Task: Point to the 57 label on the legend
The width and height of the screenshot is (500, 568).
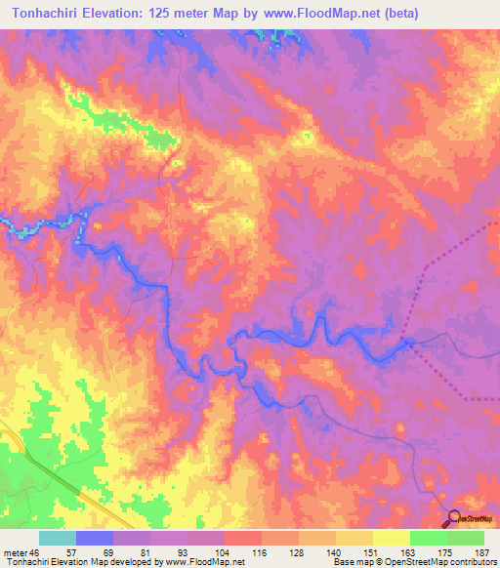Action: point(71,552)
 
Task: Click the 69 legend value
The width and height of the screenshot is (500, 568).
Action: point(107,552)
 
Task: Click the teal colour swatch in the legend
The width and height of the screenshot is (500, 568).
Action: point(58,538)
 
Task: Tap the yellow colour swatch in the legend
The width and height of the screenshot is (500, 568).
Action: point(392,538)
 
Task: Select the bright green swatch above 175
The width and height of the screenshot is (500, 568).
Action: point(429,538)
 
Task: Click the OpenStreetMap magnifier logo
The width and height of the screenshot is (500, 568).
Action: point(454,517)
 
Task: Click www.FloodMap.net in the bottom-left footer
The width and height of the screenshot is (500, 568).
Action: point(202,563)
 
